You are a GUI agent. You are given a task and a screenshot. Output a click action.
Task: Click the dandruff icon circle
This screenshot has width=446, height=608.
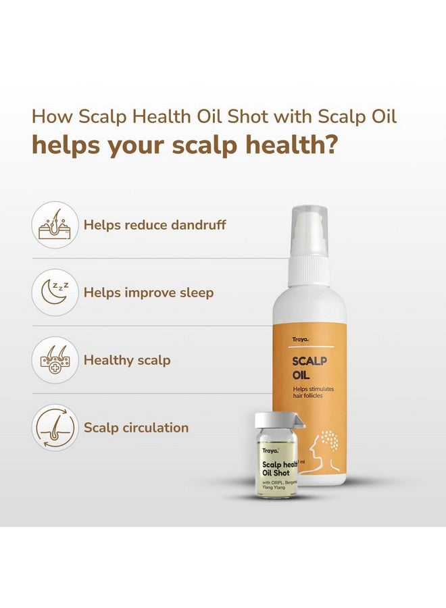pyautogui.click(x=55, y=225)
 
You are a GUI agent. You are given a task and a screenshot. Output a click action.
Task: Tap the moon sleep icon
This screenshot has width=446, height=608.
pyautogui.click(x=55, y=293)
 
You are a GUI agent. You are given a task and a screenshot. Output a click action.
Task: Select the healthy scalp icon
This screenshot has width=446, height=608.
pyautogui.click(x=55, y=360)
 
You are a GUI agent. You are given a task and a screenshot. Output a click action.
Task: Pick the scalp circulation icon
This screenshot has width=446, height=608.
pyautogui.click(x=55, y=428)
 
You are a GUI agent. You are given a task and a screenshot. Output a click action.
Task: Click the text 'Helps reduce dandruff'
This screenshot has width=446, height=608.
pyautogui.click(x=155, y=225)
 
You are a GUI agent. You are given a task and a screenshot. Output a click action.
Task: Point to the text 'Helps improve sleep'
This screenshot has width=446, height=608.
pyautogui.click(x=148, y=293)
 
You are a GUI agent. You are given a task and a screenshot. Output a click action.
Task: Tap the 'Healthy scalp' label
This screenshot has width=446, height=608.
pyautogui.click(x=127, y=360)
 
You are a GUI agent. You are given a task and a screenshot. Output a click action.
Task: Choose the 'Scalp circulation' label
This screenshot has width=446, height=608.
pyautogui.click(x=136, y=428)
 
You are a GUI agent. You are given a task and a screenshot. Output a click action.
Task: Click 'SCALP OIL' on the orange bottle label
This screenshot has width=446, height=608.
pyautogui.click(x=310, y=368)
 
